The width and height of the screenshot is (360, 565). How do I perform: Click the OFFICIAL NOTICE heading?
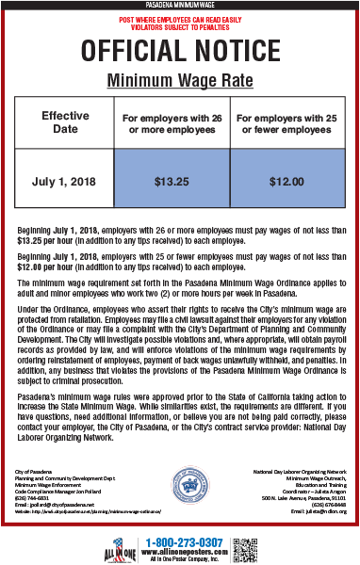(x=179, y=49)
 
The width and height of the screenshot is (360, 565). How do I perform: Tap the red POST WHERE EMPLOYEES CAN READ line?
(x=179, y=18)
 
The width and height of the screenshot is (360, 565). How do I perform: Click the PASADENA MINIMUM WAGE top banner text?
(x=179, y=6)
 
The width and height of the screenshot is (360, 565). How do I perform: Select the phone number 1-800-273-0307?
(x=185, y=541)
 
